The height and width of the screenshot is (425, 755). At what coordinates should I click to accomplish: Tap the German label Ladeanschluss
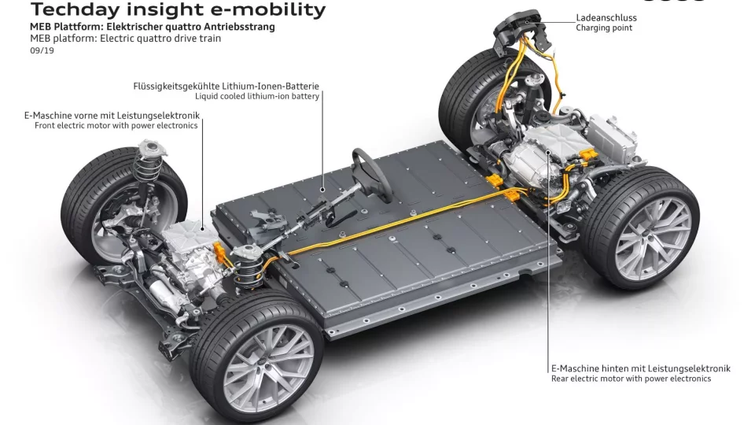tap(606, 17)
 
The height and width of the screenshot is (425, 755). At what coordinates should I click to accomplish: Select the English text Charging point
tap(604, 28)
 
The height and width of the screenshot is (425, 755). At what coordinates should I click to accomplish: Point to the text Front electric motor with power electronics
tap(116, 126)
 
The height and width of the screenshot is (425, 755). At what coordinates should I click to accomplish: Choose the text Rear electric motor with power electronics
tap(632, 379)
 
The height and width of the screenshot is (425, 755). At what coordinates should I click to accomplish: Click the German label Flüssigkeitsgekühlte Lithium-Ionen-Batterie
tap(226, 86)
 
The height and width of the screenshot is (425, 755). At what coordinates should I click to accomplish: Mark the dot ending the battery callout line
tap(322, 190)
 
